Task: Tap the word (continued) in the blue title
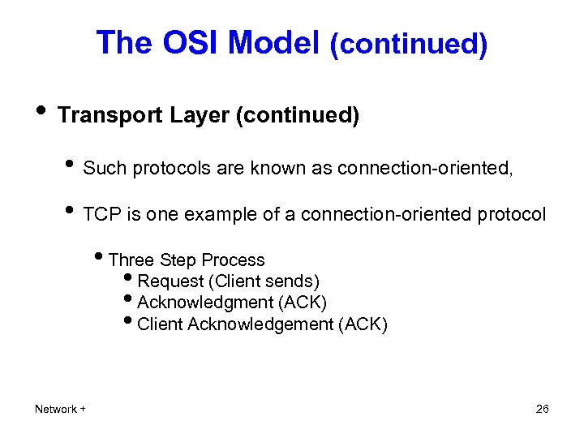(408, 44)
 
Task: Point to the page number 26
(543, 409)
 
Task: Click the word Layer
(199, 116)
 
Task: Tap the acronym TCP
(101, 214)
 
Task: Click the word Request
(170, 281)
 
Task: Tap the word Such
(105, 168)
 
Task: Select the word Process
(233, 260)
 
